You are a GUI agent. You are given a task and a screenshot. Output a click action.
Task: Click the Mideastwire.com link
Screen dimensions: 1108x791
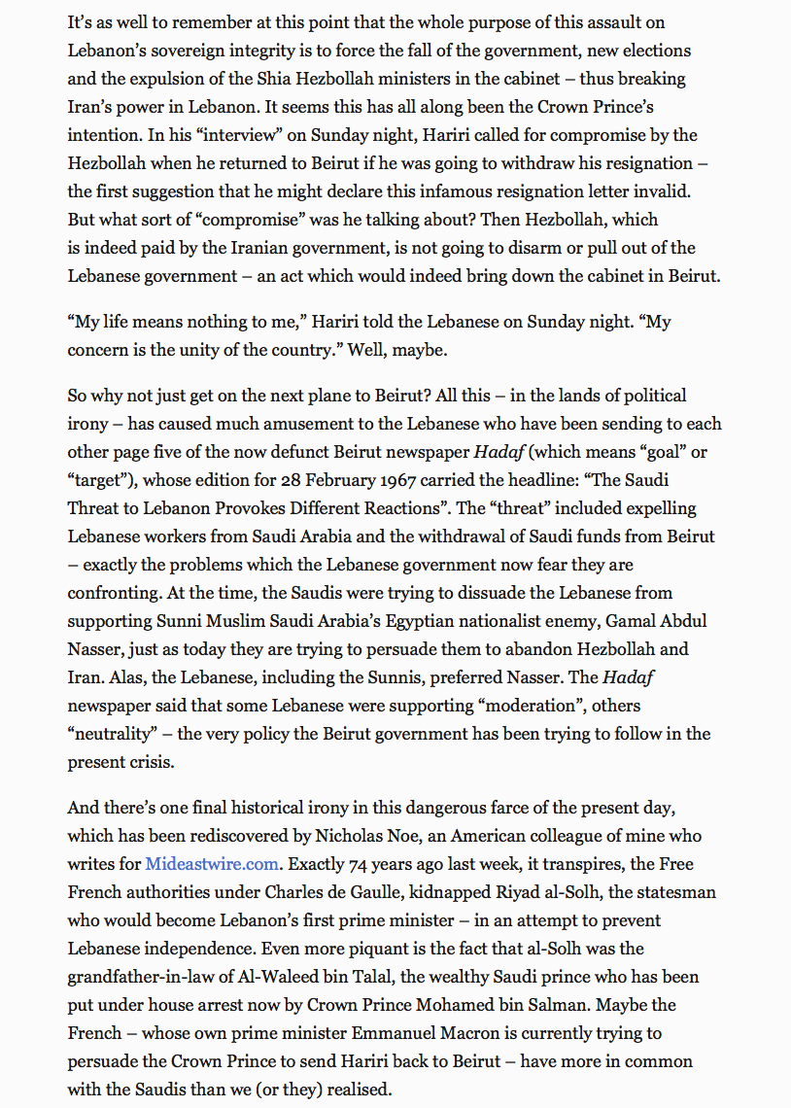point(213,863)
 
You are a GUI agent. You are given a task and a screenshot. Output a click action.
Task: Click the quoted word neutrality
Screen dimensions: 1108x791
point(115,734)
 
